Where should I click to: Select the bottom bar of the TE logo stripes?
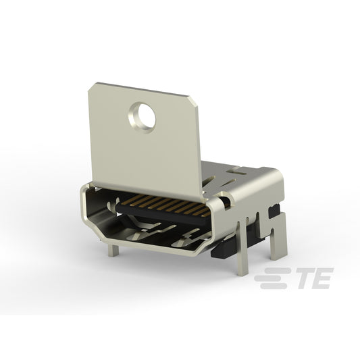[x=274, y=286]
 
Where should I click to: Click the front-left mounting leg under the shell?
[x=113, y=250]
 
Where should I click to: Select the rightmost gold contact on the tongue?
[x=206, y=214]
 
